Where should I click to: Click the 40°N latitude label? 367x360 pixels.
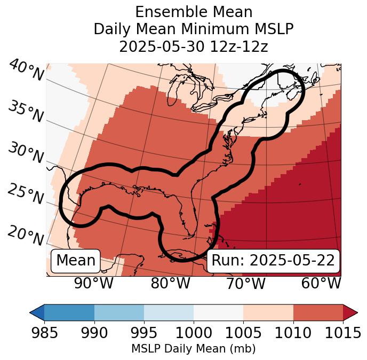tap(25, 71)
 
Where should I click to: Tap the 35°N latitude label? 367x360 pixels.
tap(25, 112)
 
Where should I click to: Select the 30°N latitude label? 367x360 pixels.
tap(25, 154)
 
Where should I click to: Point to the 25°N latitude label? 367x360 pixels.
tap(25, 194)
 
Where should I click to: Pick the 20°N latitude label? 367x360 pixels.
tap(25, 236)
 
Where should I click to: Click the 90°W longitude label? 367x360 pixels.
tap(93, 284)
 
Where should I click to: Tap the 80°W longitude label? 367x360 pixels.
tap(170, 284)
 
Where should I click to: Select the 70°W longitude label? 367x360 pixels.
tap(245, 284)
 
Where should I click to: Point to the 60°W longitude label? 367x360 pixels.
tap(321, 284)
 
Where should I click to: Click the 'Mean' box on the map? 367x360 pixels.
tap(76, 261)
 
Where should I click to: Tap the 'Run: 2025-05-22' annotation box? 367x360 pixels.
tap(273, 261)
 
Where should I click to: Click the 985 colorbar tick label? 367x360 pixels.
tap(44, 333)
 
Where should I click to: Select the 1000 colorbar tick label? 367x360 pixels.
tap(193, 333)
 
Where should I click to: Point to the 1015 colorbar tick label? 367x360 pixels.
tap(342, 333)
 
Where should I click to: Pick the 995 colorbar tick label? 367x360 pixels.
tap(143, 333)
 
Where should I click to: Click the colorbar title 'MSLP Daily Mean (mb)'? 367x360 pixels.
tap(193, 349)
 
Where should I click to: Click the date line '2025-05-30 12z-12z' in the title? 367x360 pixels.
tap(193, 46)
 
